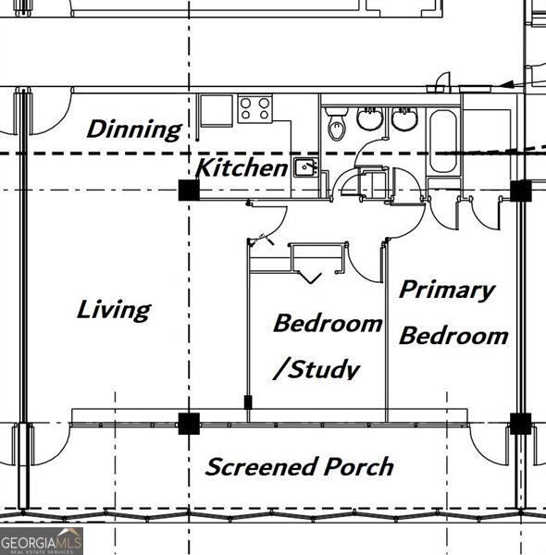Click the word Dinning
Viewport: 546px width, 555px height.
(134, 129)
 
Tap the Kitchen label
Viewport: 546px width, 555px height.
(242, 167)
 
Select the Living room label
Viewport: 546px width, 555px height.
(114, 311)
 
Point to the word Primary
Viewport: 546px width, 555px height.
(446, 290)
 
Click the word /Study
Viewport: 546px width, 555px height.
(316, 369)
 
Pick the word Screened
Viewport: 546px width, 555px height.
(261, 466)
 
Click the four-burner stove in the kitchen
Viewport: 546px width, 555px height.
(254, 108)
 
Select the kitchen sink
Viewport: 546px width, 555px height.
(306, 167)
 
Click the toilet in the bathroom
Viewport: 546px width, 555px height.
(336, 124)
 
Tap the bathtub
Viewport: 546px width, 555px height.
(443, 142)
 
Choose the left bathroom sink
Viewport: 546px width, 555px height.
(369, 118)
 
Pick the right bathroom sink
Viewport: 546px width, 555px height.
(404, 118)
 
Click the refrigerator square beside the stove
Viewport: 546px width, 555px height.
(217, 110)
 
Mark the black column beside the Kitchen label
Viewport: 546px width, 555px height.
(189, 190)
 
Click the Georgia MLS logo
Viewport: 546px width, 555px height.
(42, 541)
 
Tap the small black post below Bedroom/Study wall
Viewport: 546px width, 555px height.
(248, 402)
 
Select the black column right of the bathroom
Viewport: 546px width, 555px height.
(520, 191)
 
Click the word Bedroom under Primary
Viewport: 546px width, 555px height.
(453, 336)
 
